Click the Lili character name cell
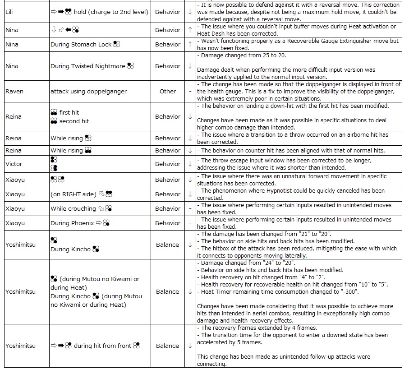(9, 12)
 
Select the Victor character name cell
(14, 164)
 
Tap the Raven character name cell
(14, 91)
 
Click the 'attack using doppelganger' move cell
(88, 91)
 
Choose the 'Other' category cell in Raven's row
(168, 91)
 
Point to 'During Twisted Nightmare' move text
(88, 66)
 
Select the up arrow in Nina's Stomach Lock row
(190, 44)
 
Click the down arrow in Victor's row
(190, 164)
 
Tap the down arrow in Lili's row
(190, 12)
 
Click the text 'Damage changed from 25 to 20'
(244, 55)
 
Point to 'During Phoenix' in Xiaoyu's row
(72, 223)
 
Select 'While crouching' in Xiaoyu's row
(73, 208)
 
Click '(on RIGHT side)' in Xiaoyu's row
(74, 194)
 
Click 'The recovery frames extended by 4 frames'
(259, 328)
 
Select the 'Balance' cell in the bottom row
(168, 346)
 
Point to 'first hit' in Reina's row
(69, 112)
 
